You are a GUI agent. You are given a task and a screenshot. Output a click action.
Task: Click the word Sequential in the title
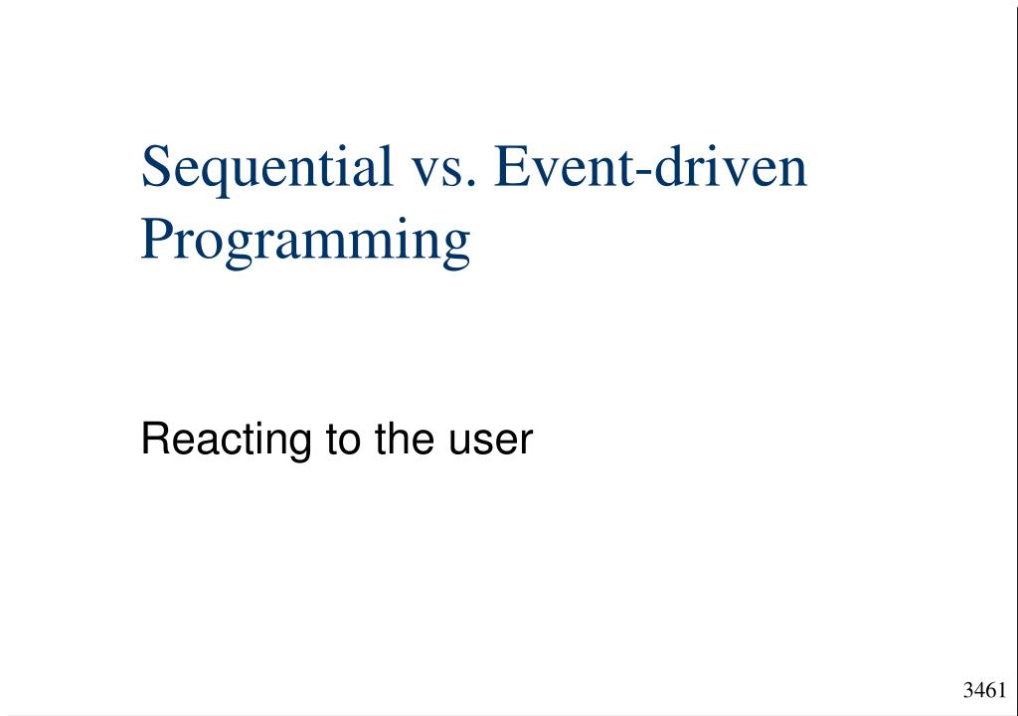[266, 167]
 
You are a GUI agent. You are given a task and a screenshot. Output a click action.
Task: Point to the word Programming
[305, 242]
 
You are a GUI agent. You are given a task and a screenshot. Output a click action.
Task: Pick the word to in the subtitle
[340, 440]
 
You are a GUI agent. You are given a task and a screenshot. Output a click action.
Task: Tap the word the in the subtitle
[400, 440]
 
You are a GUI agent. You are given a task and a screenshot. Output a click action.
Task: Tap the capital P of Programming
[156, 240]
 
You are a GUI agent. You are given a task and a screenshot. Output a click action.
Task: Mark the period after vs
[469, 185]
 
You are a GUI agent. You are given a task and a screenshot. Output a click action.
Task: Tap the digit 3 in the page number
[968, 691]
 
